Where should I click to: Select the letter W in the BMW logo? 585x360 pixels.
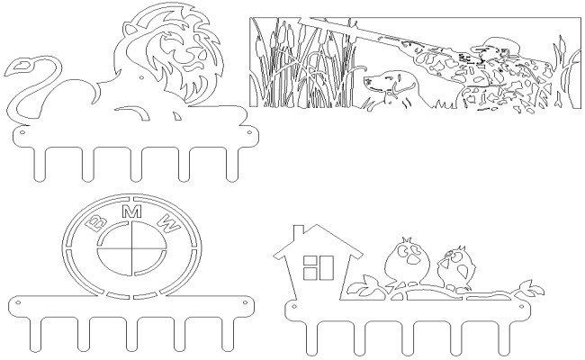pos(168,221)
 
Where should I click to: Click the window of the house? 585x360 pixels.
pos(318,267)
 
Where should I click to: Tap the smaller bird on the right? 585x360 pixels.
pos(458,266)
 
